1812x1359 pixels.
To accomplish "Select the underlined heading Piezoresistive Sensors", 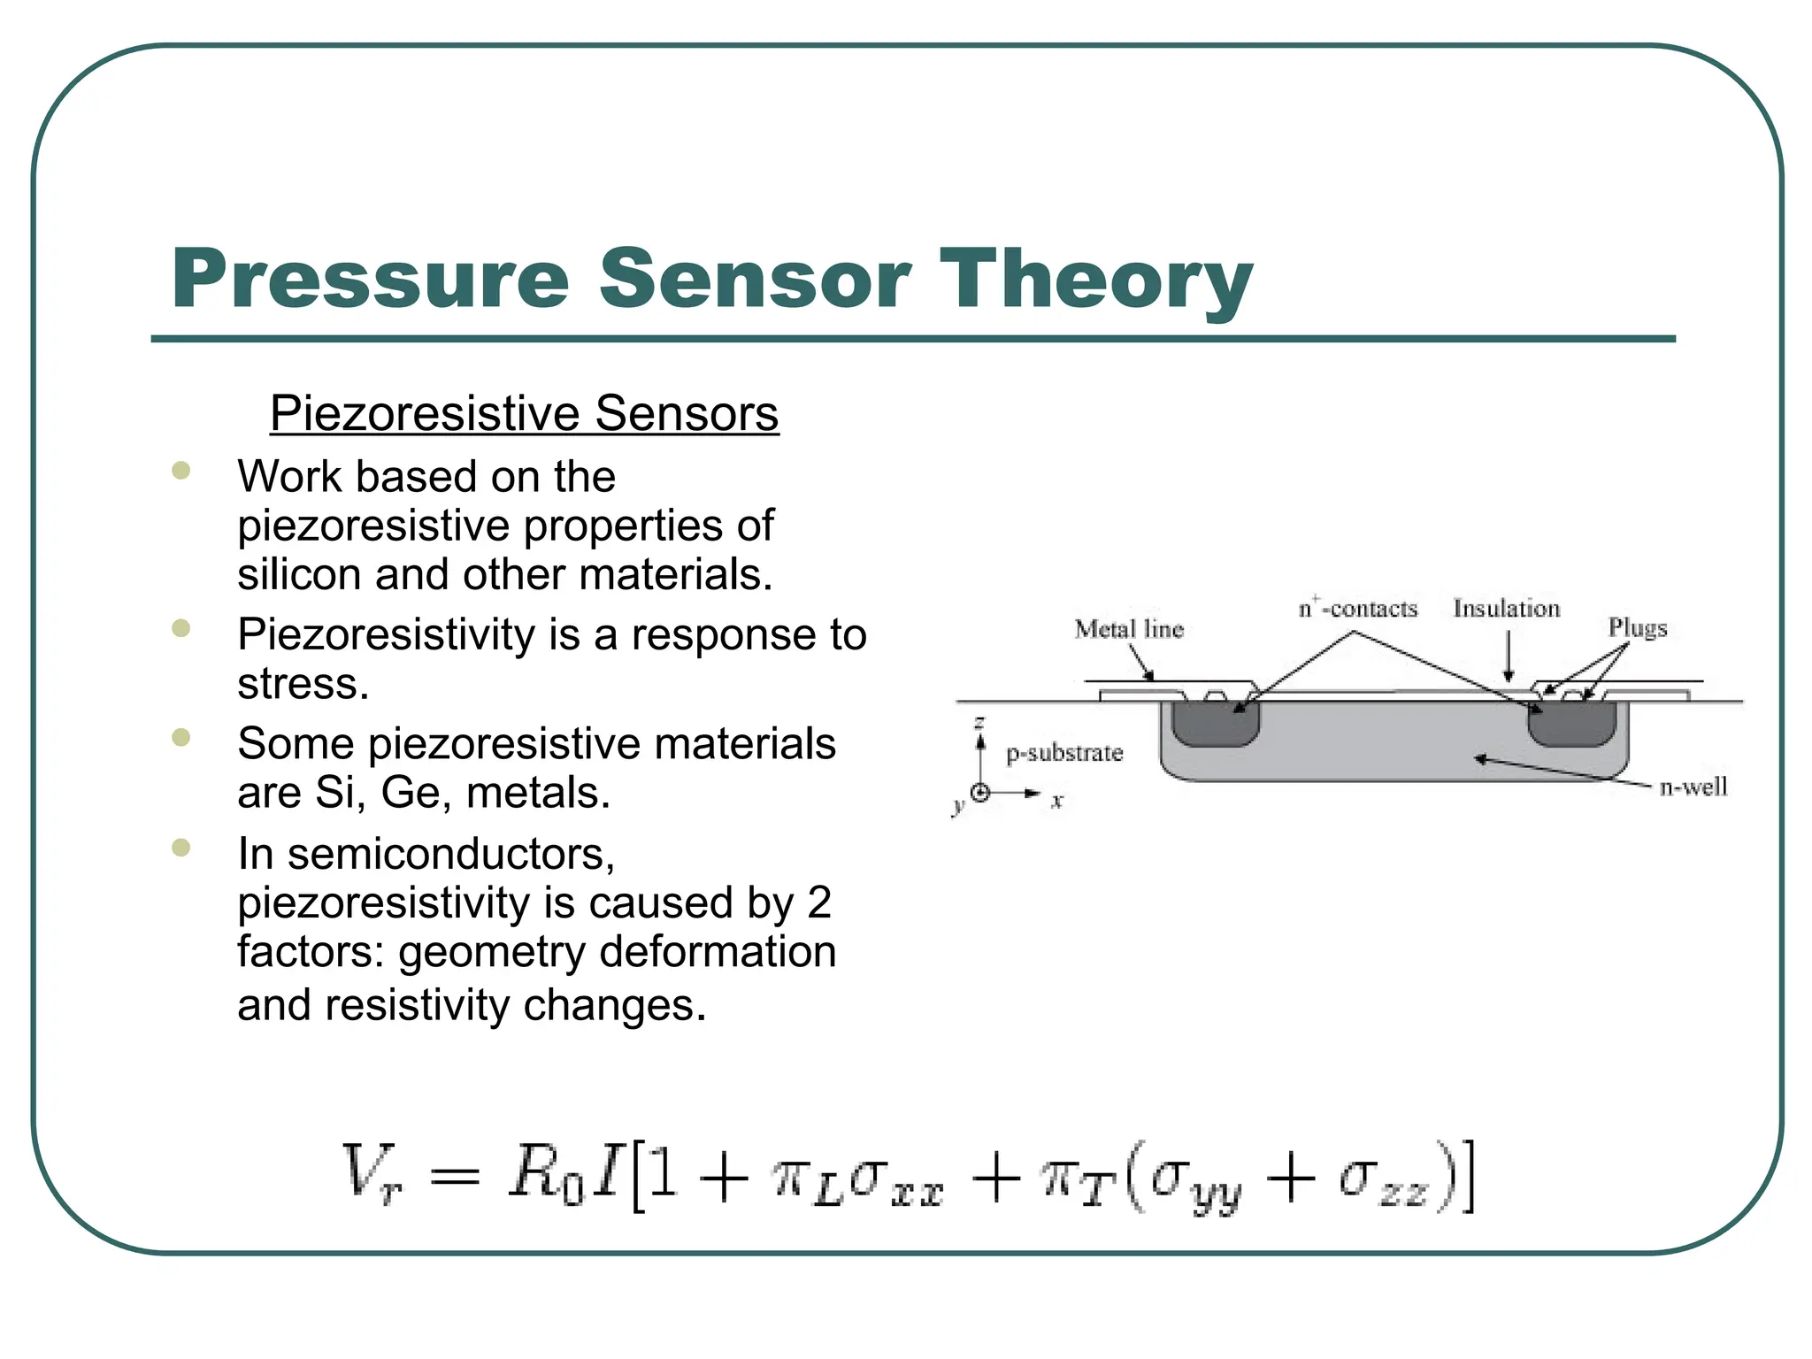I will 524,413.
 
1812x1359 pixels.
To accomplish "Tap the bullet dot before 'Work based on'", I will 181,470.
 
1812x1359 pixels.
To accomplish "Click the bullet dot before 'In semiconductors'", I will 181,848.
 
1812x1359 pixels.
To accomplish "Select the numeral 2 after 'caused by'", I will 819,902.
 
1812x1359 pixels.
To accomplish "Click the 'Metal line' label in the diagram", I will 1129,629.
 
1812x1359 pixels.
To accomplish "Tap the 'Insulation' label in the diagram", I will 1507,609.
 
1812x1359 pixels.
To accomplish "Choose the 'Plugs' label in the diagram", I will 1638,627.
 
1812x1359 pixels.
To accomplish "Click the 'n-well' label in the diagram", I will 1693,787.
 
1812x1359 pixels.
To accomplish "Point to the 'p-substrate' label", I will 1064,753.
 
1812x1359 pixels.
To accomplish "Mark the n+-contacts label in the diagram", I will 1358,609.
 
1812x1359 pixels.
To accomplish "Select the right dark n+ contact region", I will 1572,724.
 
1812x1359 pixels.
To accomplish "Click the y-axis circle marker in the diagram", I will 980,793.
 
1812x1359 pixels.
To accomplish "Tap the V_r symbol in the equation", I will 372,1174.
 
